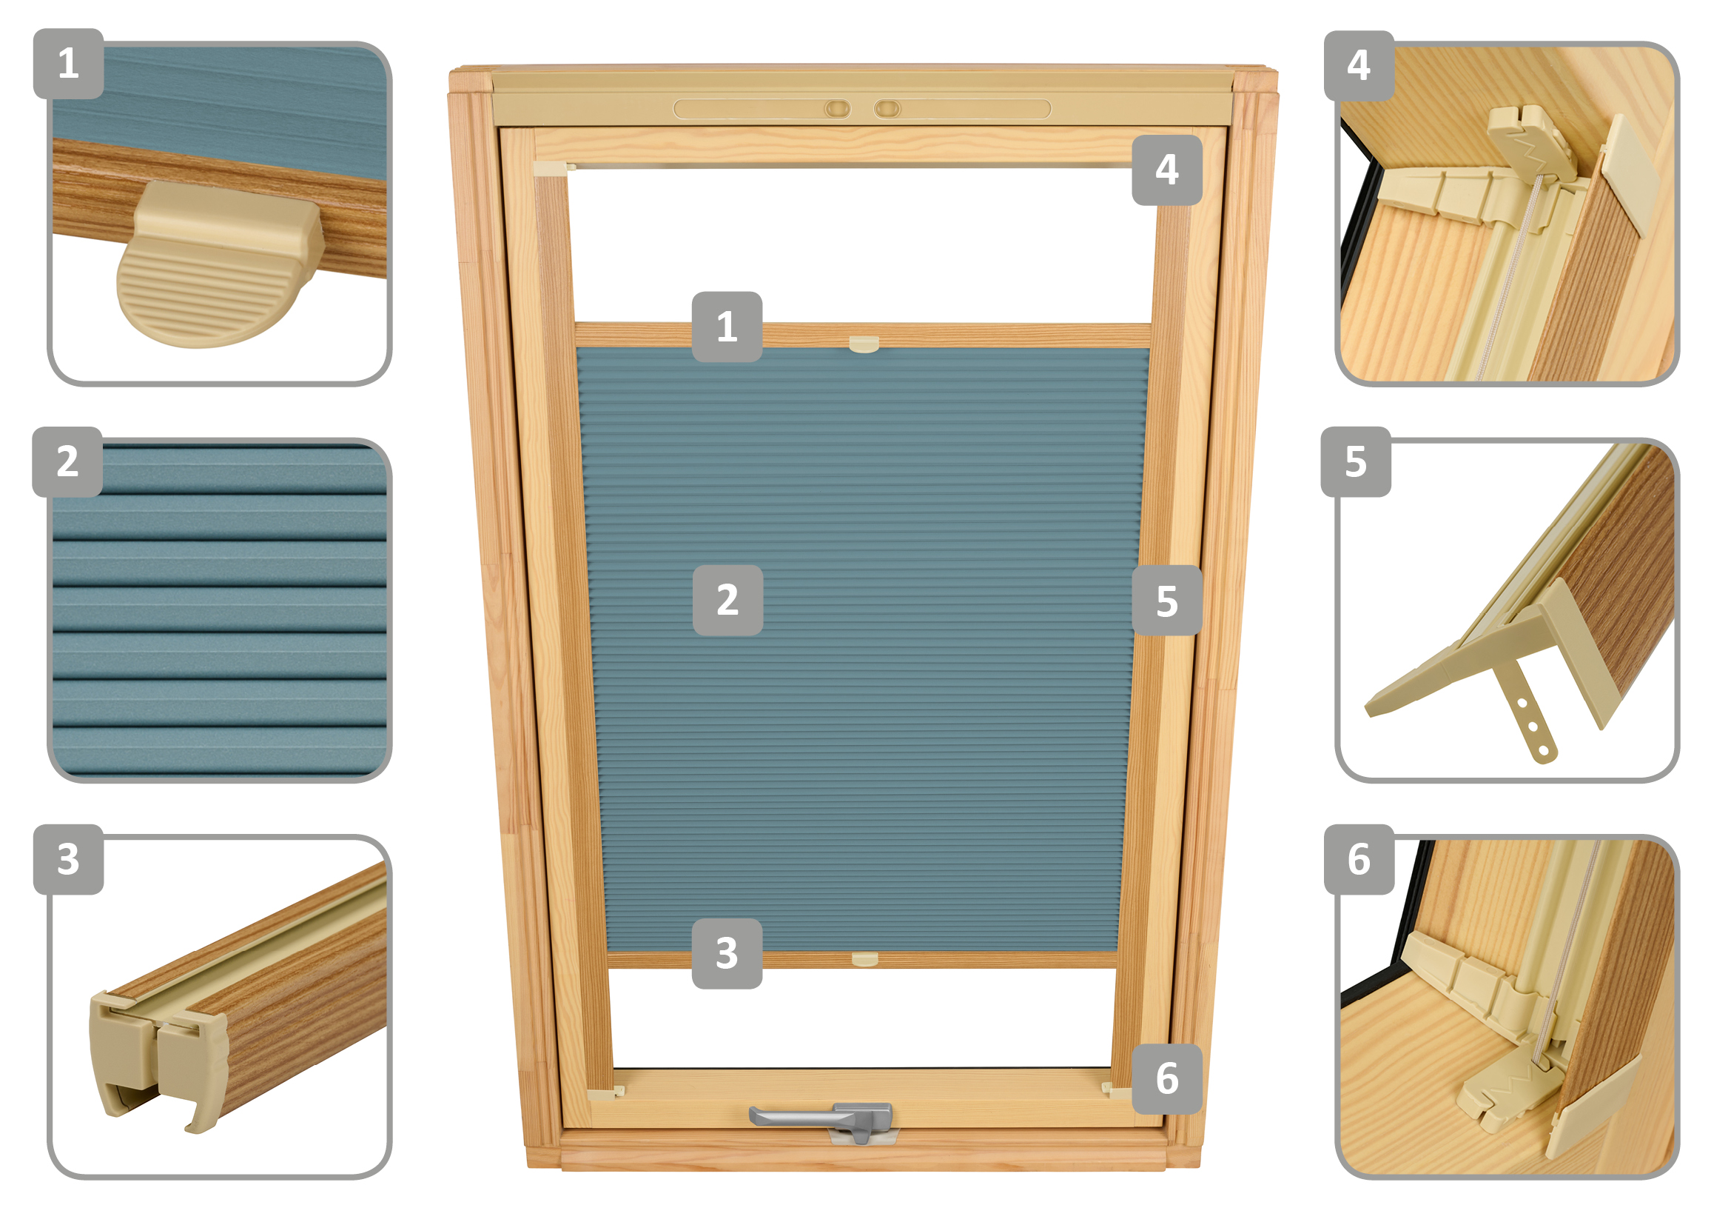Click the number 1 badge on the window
(x=727, y=327)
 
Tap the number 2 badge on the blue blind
(x=727, y=601)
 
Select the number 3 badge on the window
(x=727, y=953)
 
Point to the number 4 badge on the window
(x=1167, y=170)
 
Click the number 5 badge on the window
(x=1167, y=601)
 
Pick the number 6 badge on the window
(x=1167, y=1078)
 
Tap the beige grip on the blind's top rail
(x=864, y=344)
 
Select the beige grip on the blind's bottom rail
(x=864, y=959)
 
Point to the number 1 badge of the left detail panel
(x=69, y=64)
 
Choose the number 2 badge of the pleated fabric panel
(x=67, y=461)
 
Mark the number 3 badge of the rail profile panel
(x=69, y=859)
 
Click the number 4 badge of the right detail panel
(x=1359, y=66)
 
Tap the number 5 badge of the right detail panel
(x=1356, y=461)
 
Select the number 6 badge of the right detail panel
(x=1359, y=859)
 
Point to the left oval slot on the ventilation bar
(x=838, y=110)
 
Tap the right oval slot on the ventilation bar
(x=887, y=110)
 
